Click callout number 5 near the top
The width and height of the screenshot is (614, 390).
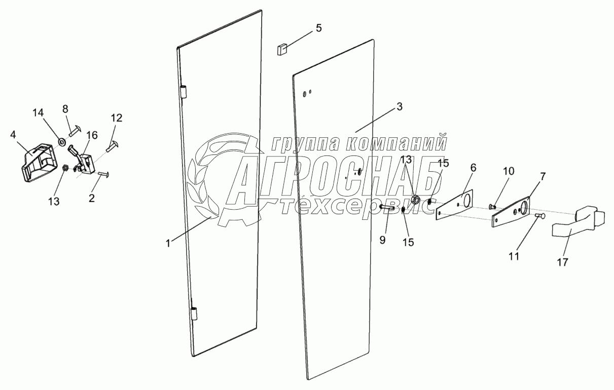pyautogui.click(x=318, y=28)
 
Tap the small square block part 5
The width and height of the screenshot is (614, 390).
pyautogui.click(x=282, y=49)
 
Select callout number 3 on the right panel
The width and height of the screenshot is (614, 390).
pyautogui.click(x=400, y=107)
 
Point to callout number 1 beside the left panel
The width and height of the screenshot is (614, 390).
pyautogui.click(x=167, y=243)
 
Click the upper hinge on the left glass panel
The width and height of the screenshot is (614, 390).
pyautogui.click(x=185, y=92)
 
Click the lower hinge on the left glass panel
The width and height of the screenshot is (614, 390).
pyautogui.click(x=193, y=313)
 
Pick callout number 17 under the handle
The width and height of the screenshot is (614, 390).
pyautogui.click(x=563, y=262)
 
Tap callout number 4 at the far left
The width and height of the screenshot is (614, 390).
pyautogui.click(x=13, y=135)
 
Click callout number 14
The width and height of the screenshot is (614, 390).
pyautogui.click(x=39, y=112)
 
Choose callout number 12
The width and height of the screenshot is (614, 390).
pyautogui.click(x=117, y=118)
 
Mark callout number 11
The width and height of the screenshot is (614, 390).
pyautogui.click(x=514, y=256)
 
